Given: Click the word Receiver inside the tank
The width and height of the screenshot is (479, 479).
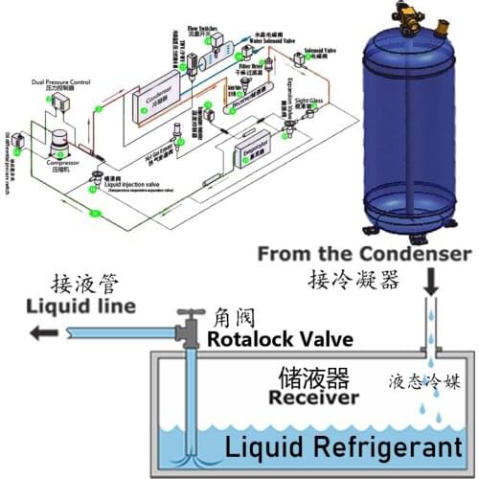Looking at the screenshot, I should tap(313, 397).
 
